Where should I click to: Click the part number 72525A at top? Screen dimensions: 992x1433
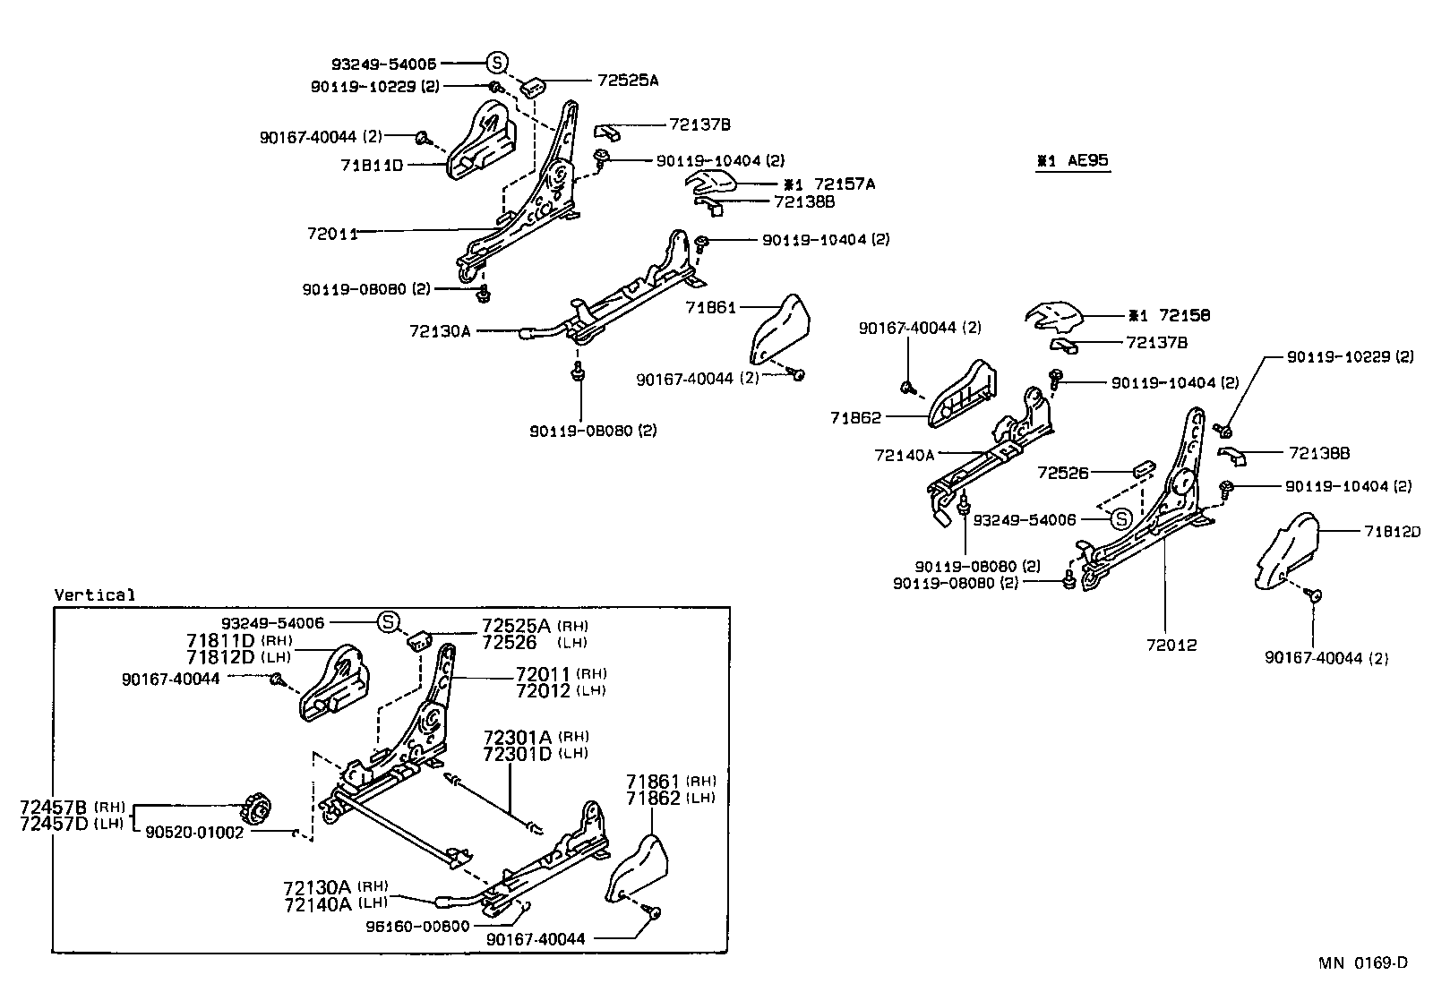click(x=628, y=80)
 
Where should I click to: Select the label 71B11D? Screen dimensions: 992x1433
click(x=373, y=166)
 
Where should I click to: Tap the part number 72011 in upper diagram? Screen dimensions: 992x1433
click(x=332, y=234)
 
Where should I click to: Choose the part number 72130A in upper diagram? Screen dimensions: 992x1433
click(x=440, y=331)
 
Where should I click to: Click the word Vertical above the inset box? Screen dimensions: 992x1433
click(x=95, y=594)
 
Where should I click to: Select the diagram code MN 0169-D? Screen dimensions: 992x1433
click(x=1362, y=962)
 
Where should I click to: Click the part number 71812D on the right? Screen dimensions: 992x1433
click(x=1393, y=532)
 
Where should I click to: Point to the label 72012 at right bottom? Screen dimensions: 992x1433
click(x=1165, y=645)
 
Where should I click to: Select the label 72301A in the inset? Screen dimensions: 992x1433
click(x=517, y=737)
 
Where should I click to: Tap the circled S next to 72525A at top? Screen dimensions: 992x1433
click(x=497, y=63)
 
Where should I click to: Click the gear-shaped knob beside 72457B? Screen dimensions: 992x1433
click(x=257, y=810)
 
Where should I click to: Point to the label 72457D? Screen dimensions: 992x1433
click(x=54, y=823)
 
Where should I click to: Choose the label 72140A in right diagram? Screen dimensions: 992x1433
click(x=904, y=455)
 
